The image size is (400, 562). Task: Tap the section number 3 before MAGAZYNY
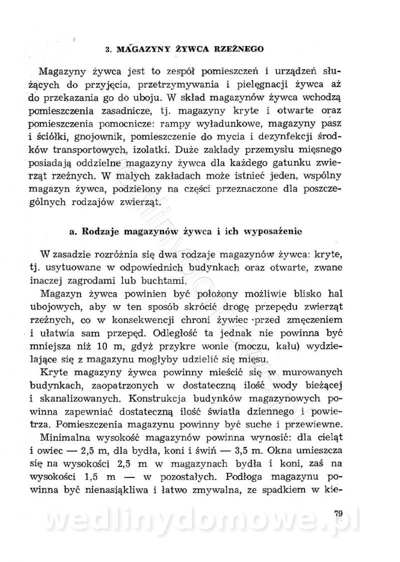coord(107,49)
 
